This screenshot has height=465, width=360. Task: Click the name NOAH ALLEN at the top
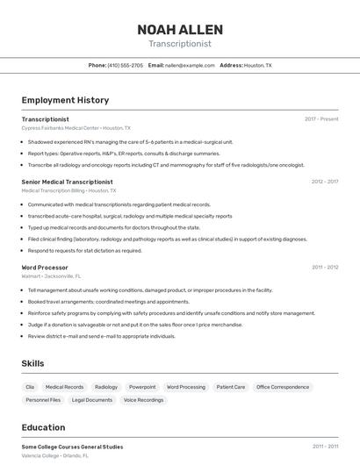180,30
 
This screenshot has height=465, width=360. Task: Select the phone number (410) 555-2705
125,65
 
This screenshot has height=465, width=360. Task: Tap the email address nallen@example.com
190,65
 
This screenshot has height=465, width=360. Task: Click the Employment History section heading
65,100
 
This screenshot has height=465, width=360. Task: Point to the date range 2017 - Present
321,119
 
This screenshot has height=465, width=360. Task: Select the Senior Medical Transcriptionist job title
68,182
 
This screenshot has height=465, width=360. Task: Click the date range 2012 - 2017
324,182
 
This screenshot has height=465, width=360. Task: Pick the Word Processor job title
45,267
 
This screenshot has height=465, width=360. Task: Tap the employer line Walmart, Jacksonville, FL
54,275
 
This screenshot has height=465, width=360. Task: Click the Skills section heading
32,363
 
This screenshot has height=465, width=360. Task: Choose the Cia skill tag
30,387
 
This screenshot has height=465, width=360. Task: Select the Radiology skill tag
106,387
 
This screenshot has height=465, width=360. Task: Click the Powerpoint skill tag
142,387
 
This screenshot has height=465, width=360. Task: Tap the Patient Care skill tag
231,387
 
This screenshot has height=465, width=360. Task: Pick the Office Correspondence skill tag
283,387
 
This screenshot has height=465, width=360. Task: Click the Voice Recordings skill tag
143,400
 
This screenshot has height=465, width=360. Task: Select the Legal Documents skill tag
92,400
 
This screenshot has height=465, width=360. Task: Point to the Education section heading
43,427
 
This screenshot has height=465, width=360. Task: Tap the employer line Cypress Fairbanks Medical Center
76,128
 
